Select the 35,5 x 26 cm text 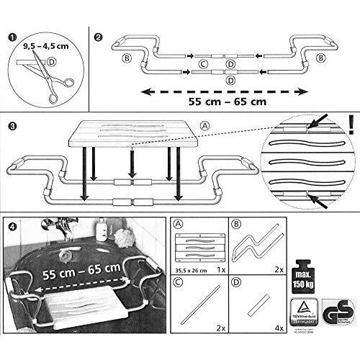[189, 271]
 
